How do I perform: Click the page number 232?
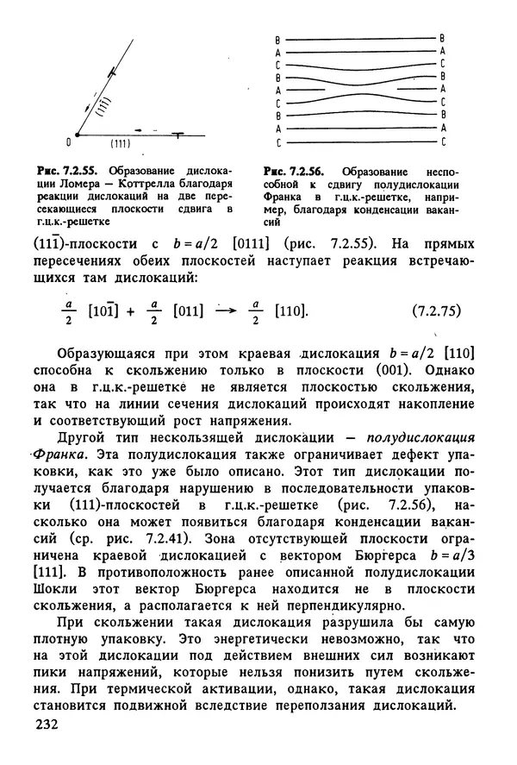(45, 725)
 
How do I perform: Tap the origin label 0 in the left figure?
(69, 140)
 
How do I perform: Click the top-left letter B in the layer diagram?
(277, 39)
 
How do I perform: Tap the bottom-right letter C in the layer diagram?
(442, 141)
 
